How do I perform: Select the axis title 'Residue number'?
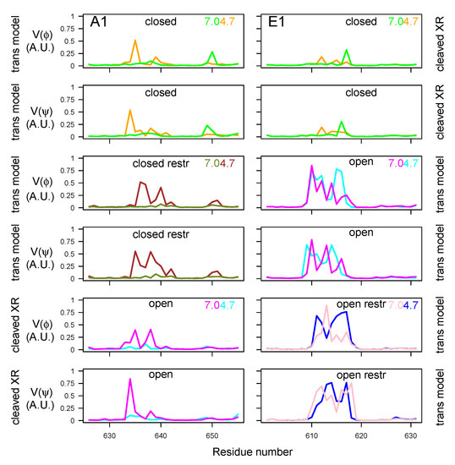tap(254, 452)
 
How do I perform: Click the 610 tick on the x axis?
tap(311, 435)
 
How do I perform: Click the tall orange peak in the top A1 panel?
tap(134, 41)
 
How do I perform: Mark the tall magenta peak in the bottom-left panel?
tap(129, 380)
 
